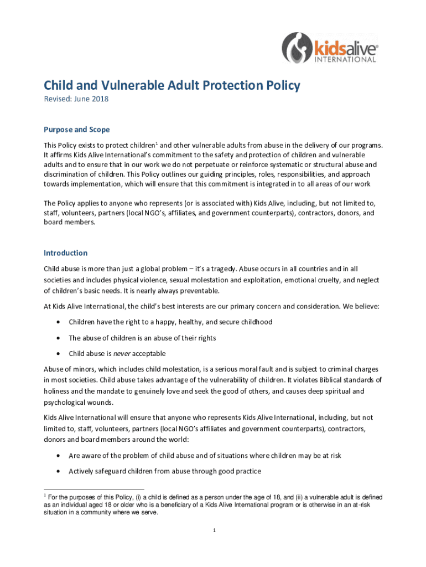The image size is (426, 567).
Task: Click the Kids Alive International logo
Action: [x=330, y=49]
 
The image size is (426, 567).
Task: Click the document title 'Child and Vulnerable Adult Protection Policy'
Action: [x=172, y=85]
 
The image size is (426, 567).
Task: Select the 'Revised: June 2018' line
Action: [x=76, y=100]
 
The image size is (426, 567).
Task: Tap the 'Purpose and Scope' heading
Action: [x=77, y=130]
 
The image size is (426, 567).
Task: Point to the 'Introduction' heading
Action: [x=65, y=253]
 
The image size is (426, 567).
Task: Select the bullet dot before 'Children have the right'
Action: [x=58, y=322]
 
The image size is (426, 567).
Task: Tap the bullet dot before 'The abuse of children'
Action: [x=58, y=338]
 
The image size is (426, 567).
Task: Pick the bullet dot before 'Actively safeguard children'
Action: [x=58, y=472]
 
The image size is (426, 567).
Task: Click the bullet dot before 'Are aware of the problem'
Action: [x=58, y=456]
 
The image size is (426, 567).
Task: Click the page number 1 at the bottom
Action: [x=214, y=531]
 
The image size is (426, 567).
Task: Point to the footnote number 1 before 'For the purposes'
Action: [x=45, y=496]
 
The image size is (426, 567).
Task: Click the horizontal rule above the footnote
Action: [x=93, y=489]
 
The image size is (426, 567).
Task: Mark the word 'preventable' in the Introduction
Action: [x=198, y=290]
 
